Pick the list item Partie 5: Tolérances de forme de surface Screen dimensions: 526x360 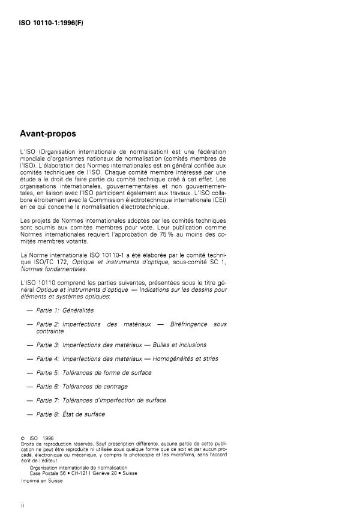[94, 372]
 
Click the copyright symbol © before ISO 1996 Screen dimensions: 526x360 [22, 438]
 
